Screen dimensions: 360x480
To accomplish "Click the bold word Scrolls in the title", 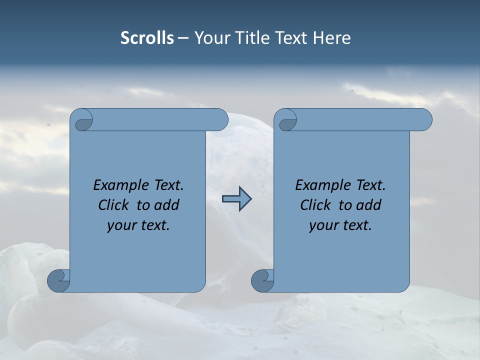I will tap(147, 38).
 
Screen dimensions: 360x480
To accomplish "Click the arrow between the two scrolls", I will tap(236, 199).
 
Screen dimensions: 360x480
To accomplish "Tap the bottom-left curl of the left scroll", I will tap(58, 280).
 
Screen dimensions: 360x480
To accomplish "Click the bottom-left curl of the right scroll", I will tap(262, 280).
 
